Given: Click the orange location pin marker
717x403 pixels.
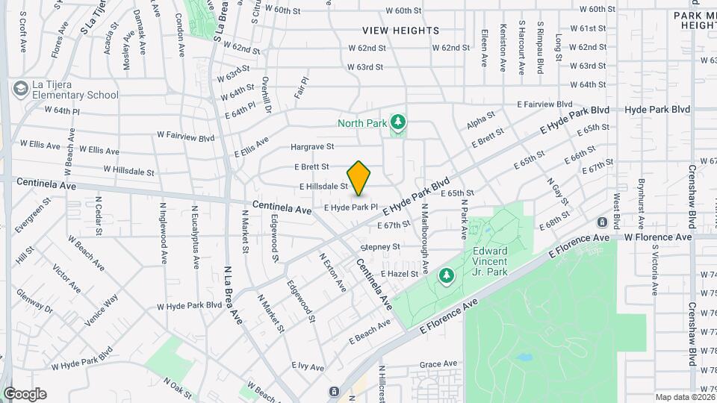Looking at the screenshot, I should click(x=358, y=178).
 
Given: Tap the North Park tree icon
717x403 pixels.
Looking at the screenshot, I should click(x=398, y=122).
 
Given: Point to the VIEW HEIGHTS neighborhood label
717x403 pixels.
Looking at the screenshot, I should click(x=401, y=31).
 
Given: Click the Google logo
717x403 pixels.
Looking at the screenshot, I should click(x=24, y=394).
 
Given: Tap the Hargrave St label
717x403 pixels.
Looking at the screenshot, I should click(x=312, y=147).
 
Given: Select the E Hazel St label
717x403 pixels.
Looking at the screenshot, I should click(x=403, y=275).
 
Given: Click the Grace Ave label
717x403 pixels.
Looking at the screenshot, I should click(x=438, y=364).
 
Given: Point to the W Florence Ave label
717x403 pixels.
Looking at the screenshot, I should click(x=658, y=237).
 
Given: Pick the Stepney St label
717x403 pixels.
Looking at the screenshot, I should click(x=380, y=247).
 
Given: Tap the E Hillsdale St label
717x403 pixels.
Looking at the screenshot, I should click(x=324, y=187).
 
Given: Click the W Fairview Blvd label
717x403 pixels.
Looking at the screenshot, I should click(x=185, y=136).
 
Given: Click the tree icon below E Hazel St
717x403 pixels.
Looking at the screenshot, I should click(x=447, y=277).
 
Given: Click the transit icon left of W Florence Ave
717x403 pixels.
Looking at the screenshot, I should click(x=602, y=222).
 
